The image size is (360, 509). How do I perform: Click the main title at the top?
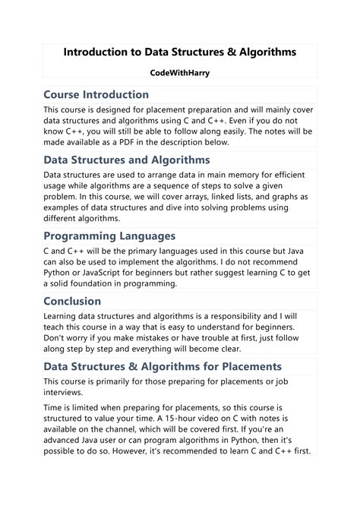[179, 52]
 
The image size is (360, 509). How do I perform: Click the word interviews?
[67, 393]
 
